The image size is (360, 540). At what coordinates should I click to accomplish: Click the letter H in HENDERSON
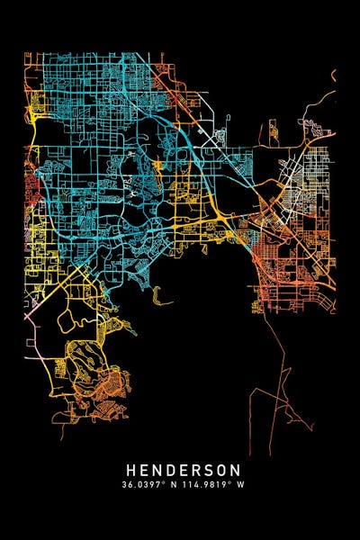point(131,470)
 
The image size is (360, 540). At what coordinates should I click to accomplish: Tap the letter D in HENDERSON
point(171,470)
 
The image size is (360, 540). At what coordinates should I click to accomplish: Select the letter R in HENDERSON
point(196,470)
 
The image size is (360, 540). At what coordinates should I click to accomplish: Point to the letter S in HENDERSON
point(209,470)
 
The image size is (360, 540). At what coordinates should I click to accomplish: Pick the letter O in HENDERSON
point(221,470)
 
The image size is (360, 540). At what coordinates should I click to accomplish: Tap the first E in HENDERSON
point(144,470)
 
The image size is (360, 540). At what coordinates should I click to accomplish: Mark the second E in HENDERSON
point(184,470)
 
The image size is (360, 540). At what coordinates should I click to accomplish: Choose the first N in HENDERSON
point(157,470)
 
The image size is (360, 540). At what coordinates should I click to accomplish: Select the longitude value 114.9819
point(203,483)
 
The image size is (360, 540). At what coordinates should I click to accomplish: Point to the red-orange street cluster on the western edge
point(30,189)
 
